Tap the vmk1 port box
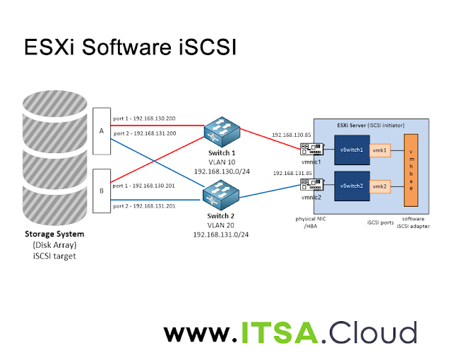(379, 150)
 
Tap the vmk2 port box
(379, 186)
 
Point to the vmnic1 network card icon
(310, 150)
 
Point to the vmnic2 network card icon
(310, 185)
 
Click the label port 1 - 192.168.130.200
(144, 118)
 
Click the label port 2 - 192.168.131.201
(144, 205)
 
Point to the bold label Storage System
(54, 234)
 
